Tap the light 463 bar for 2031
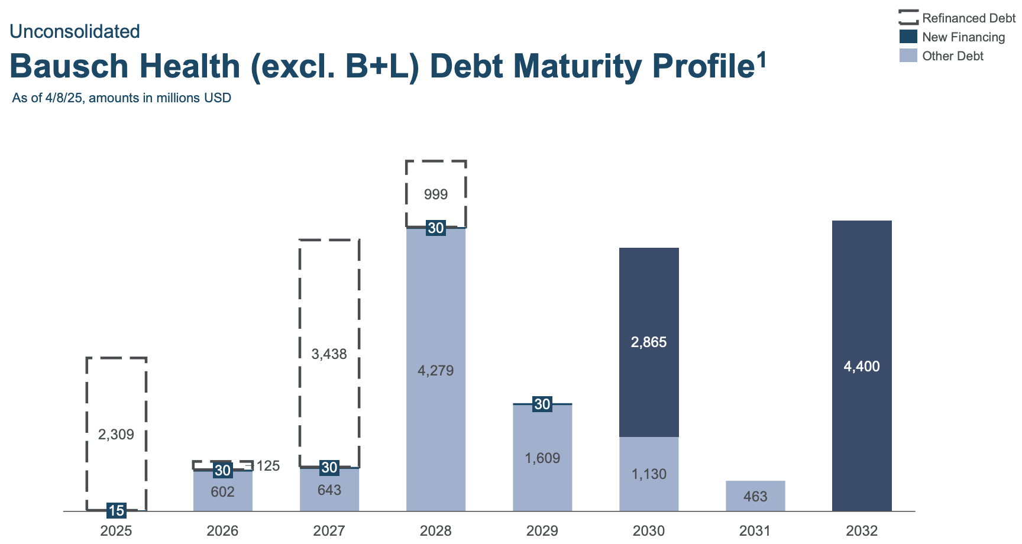click(755, 496)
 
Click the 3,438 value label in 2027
click(329, 354)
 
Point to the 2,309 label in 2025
click(116, 435)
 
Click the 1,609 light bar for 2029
click(542, 458)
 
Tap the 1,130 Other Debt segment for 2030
click(649, 474)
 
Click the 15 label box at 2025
click(117, 510)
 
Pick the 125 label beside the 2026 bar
click(267, 466)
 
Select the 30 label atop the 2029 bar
click(542, 404)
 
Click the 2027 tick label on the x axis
click(329, 530)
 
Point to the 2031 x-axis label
click(755, 530)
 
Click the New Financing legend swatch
click(908, 37)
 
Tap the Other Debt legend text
click(952, 56)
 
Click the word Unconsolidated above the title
click(75, 31)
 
